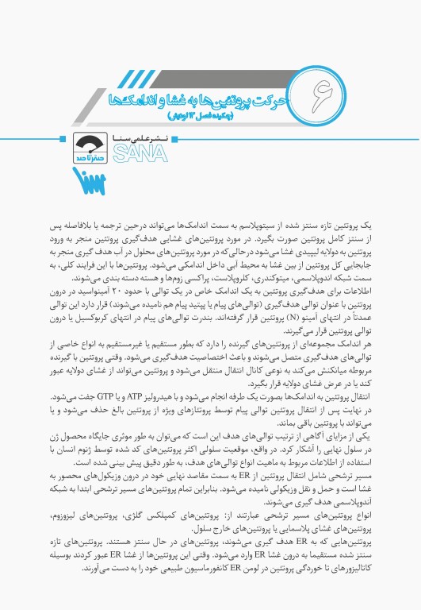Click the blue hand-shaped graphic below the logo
click(x=86, y=180)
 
